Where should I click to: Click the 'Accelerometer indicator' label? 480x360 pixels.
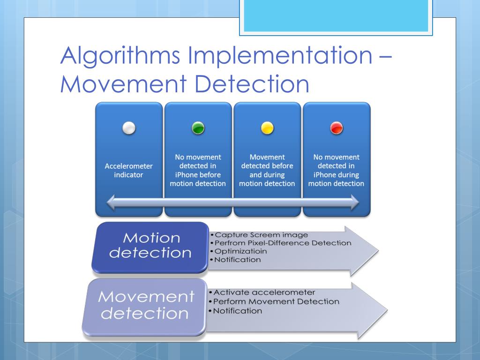pyautogui.click(x=129, y=170)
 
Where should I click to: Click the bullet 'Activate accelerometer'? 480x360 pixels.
pyautogui.click(x=264, y=293)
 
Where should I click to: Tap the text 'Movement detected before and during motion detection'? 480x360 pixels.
pyautogui.click(x=267, y=170)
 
